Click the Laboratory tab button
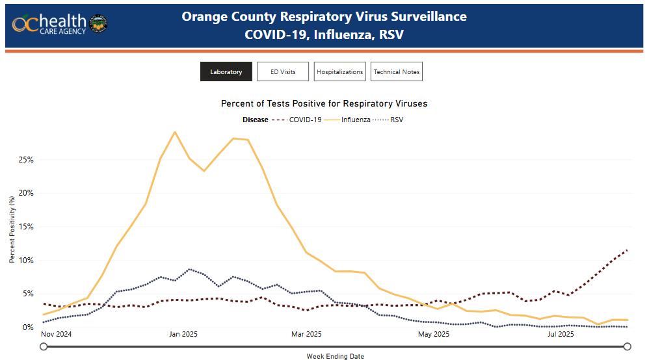pos(226,72)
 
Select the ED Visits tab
pos(283,72)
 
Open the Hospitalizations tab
pos(339,72)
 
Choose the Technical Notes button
pos(397,72)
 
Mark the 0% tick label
pos(27,328)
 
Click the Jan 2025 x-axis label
pos(183,335)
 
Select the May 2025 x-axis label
pos(434,335)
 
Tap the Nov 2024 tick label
pos(57,335)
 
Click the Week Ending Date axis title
pos(335,356)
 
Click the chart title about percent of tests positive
pos(324,103)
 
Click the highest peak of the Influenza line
pos(174,132)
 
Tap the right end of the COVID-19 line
pos(627,250)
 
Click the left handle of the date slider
pos(44,346)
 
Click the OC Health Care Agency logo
pos(59,24)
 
